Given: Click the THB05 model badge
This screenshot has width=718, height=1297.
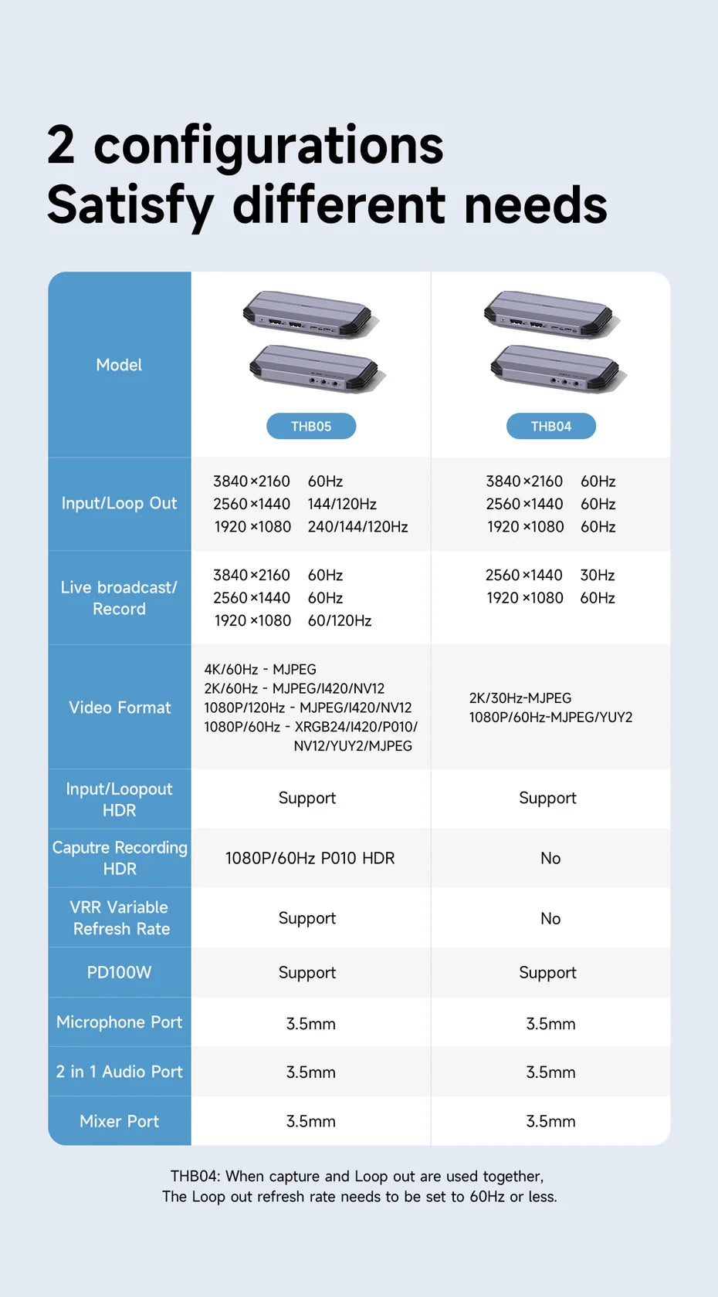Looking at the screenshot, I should tap(311, 426).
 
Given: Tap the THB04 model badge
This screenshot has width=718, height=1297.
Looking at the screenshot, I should tap(551, 426).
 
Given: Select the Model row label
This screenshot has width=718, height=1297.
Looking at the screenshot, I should tap(119, 365).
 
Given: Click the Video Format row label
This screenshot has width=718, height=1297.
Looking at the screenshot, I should tap(120, 708).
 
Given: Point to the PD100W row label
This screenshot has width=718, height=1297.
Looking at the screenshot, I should tap(119, 972).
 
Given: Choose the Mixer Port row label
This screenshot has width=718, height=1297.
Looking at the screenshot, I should tap(119, 1121).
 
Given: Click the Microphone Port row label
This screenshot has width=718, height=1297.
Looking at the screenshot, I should tap(119, 1022).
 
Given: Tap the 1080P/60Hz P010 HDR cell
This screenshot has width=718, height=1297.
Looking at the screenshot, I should tap(310, 858).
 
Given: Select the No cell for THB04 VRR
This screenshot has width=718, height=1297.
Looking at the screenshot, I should tap(550, 918).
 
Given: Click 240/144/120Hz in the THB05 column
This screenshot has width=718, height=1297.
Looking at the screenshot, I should tap(357, 527).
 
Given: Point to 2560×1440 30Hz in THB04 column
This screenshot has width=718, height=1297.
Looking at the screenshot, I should tap(550, 575).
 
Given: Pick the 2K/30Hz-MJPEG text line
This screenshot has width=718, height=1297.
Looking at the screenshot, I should tap(520, 698).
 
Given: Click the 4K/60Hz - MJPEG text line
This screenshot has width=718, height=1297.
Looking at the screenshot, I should tap(260, 670).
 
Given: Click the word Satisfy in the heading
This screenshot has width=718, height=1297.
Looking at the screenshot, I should tap(130, 205).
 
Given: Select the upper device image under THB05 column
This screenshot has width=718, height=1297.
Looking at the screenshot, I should tap(310, 315).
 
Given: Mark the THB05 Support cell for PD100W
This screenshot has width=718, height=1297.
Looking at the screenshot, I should tap(307, 972).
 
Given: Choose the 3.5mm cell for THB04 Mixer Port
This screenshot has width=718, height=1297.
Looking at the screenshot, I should tap(550, 1121).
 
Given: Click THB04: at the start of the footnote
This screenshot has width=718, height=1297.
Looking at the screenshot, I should tap(195, 1176).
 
